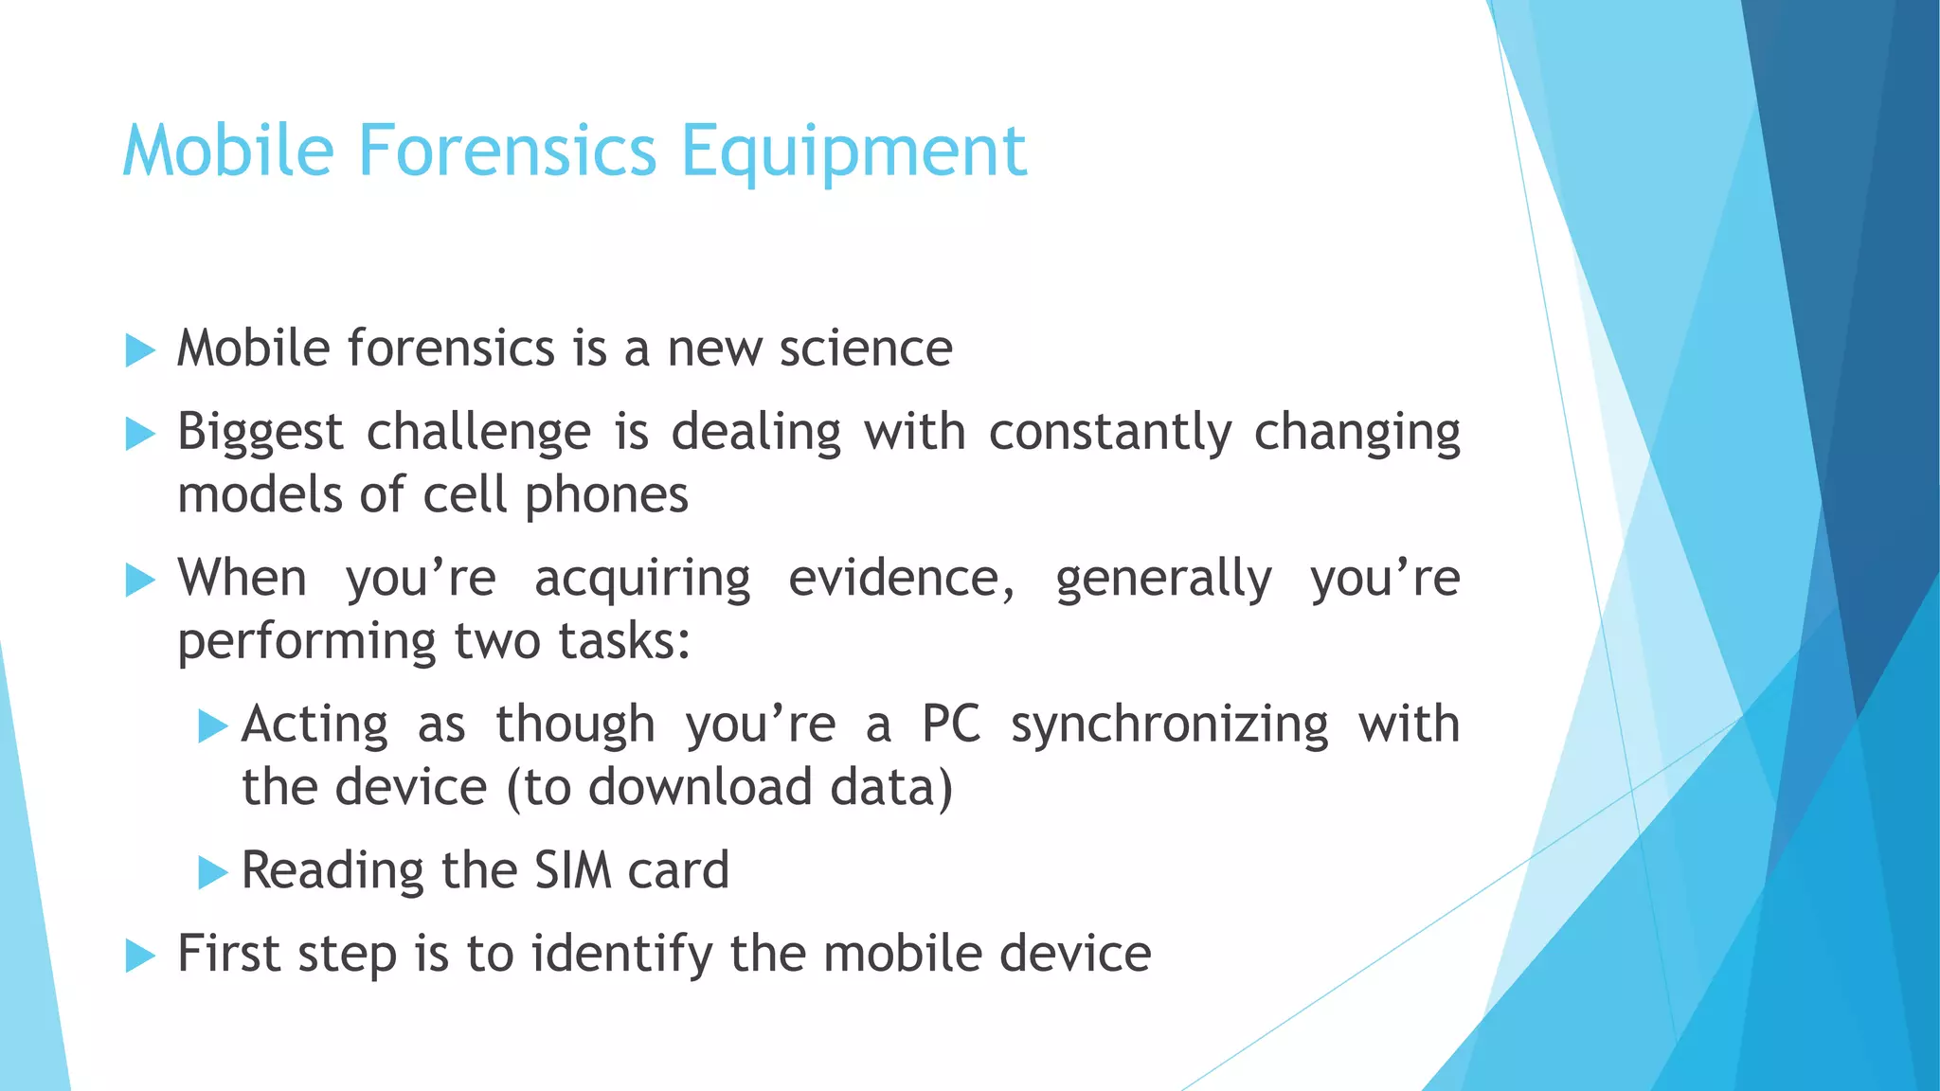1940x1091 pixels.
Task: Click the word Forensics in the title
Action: [507, 151]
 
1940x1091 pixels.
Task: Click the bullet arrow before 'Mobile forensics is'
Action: [140, 350]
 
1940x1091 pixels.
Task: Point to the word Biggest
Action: [260, 433]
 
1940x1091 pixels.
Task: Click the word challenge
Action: [478, 433]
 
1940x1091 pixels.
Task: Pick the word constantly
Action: [1110, 433]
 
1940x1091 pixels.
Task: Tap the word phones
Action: [606, 495]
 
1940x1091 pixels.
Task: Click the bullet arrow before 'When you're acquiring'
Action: [140, 580]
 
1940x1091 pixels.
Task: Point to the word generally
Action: [1163, 579]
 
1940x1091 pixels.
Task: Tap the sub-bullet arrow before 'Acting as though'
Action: [213, 727]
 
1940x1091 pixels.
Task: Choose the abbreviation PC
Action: [951, 724]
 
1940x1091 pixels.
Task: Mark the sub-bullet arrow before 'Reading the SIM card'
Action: [213, 872]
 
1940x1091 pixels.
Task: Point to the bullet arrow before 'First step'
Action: [140, 956]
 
